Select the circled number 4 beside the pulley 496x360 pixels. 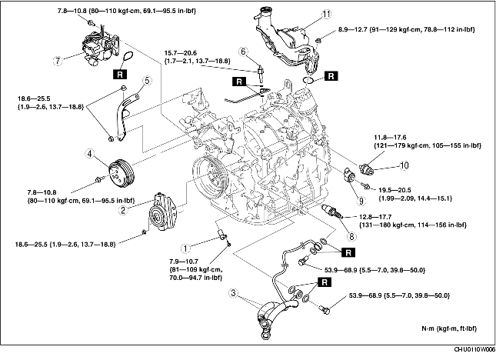coord(90,154)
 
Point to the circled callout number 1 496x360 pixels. coord(185,248)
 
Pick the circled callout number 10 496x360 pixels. coord(403,165)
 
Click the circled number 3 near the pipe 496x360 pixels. coord(235,292)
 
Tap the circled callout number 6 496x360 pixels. coord(242,52)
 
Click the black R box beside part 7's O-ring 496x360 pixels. coord(119,74)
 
